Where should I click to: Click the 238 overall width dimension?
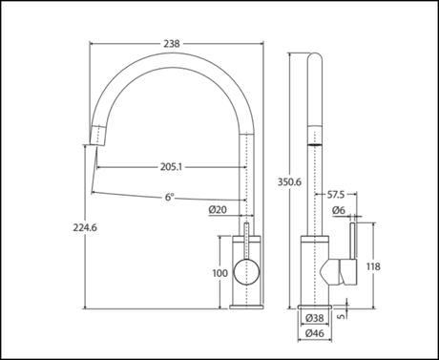tap(172, 44)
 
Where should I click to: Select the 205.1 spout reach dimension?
tap(173, 167)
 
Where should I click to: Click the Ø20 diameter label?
tap(217, 209)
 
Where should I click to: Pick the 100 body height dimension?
tap(220, 273)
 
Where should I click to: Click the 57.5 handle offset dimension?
tap(337, 196)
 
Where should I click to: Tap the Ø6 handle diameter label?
tap(338, 210)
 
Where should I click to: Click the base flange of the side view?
tap(315, 307)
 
